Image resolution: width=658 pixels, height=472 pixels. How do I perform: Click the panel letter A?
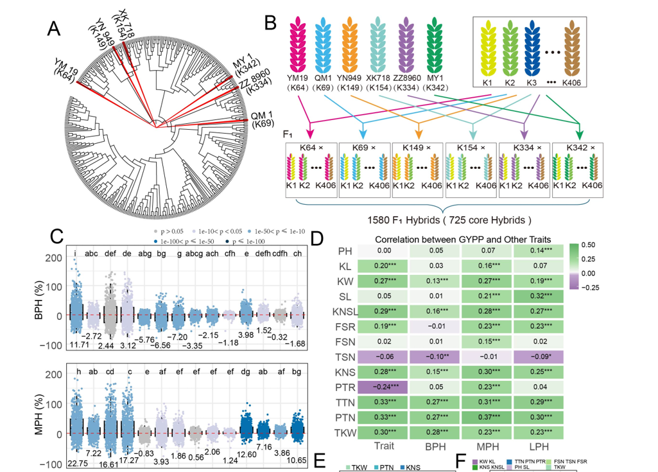55,29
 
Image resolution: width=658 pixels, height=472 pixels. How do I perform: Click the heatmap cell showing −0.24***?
370,387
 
